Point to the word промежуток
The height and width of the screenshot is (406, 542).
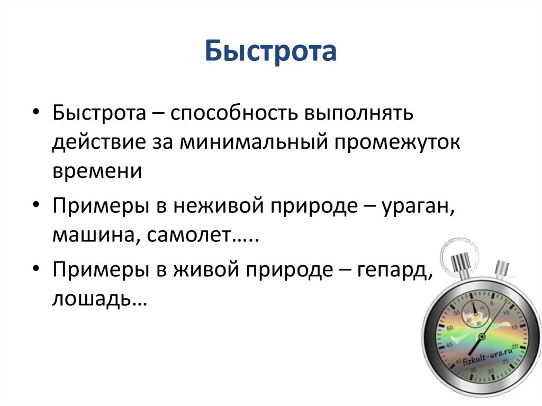(x=396, y=142)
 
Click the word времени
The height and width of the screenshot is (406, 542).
(x=97, y=171)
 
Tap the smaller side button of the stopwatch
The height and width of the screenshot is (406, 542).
(x=501, y=269)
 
